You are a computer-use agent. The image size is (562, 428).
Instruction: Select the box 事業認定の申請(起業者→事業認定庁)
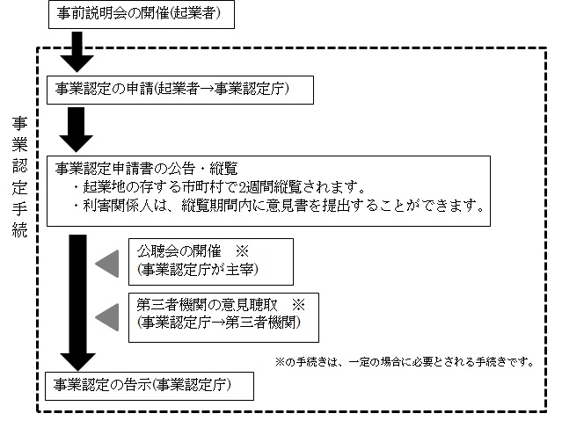click(x=168, y=89)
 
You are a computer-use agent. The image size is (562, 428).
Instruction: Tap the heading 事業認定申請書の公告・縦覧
click(x=148, y=168)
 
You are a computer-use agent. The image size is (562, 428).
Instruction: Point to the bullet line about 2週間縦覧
click(x=219, y=187)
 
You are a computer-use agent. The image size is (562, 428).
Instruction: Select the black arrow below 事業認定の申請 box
click(x=78, y=129)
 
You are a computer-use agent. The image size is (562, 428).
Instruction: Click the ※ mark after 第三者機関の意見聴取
click(x=298, y=305)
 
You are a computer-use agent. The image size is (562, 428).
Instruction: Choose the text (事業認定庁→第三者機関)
click(x=214, y=323)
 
